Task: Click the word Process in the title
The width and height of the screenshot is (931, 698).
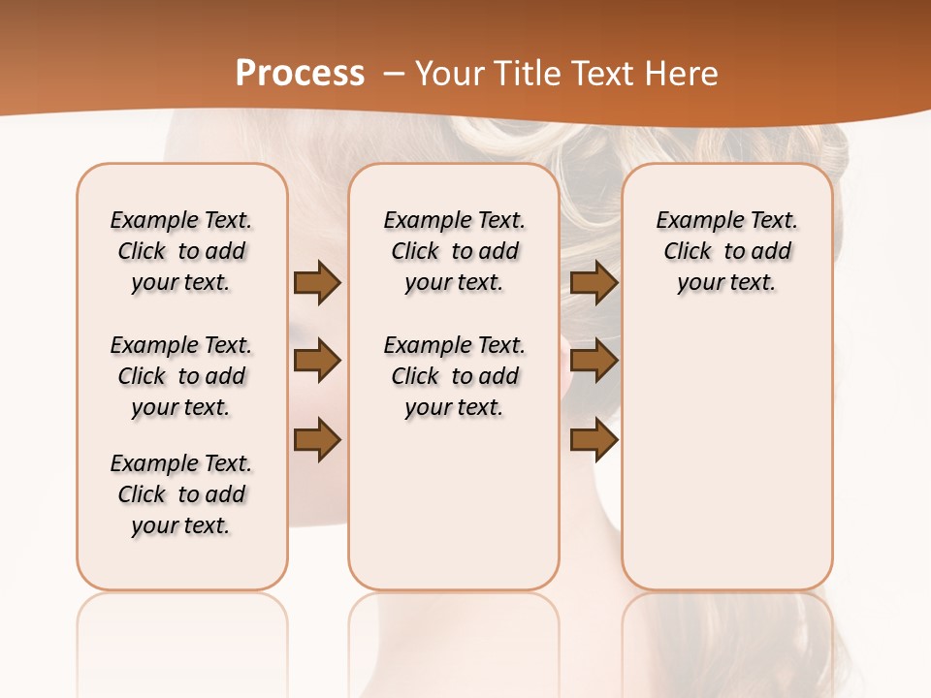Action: [300, 73]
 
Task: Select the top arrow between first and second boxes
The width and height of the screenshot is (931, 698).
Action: [317, 282]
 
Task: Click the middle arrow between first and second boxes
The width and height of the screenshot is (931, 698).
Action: [317, 361]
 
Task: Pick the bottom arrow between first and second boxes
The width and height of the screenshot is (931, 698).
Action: [317, 439]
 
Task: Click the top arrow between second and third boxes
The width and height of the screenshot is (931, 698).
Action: [594, 282]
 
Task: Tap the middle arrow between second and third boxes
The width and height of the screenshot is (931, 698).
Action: [594, 361]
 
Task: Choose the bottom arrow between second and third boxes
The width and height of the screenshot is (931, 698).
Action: [594, 439]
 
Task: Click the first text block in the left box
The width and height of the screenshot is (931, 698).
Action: [181, 251]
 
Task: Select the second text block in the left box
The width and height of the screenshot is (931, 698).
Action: [181, 376]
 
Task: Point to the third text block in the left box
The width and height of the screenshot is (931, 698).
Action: [181, 494]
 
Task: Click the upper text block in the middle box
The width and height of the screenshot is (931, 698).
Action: [454, 251]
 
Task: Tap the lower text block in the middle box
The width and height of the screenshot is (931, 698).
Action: [454, 376]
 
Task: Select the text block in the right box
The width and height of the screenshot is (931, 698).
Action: [727, 251]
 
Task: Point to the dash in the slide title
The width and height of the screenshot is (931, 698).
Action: [394, 74]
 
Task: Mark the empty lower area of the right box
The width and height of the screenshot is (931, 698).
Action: [727, 456]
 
